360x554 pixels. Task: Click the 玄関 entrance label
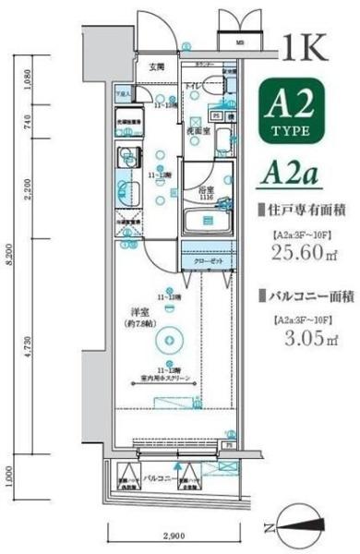tap(157, 66)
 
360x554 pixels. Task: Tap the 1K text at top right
tap(303, 45)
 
